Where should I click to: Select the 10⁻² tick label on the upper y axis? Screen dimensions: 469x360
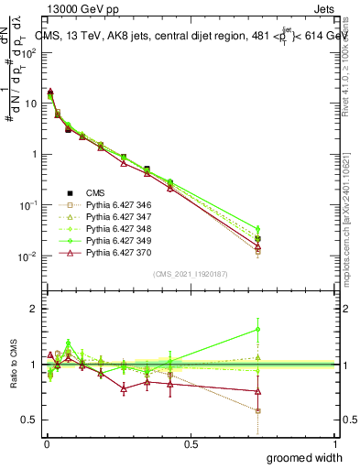(26, 256)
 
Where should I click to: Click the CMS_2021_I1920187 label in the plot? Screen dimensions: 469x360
(190, 274)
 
